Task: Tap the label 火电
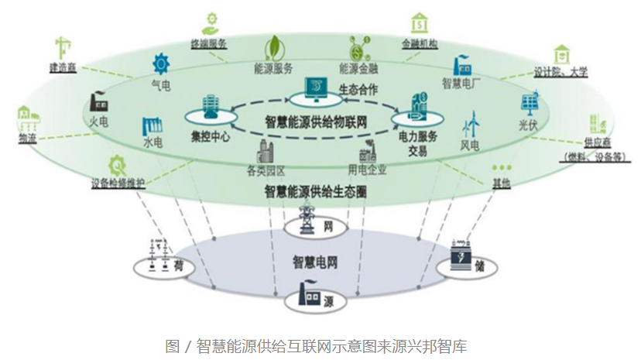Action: (98, 121)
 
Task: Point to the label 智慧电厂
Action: (461, 81)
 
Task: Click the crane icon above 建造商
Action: (63, 46)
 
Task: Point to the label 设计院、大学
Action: (561, 72)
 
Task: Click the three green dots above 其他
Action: (502, 166)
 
